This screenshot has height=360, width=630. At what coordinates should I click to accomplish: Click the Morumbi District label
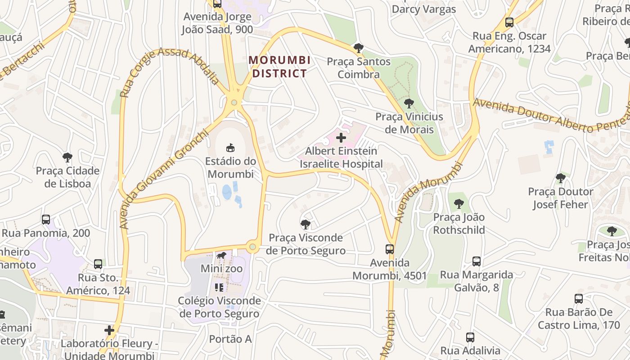tap(279, 67)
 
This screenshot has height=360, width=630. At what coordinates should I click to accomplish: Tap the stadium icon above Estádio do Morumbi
tap(230, 147)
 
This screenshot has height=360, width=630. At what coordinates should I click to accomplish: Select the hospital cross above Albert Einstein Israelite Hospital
tap(341, 138)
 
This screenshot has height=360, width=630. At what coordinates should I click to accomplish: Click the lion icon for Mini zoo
tap(221, 256)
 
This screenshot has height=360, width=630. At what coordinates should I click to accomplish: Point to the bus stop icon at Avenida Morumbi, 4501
tap(390, 249)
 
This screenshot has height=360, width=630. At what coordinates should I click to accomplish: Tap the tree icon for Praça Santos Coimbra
tap(358, 48)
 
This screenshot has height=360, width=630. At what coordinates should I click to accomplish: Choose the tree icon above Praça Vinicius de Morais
tap(409, 103)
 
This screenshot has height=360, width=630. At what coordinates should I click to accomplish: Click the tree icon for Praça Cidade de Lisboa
tap(67, 157)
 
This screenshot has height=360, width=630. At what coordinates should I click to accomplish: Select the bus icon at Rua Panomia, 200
tap(46, 220)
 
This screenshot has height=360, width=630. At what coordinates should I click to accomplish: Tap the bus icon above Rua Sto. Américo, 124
tap(98, 264)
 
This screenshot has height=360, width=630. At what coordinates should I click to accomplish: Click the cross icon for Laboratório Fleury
tap(109, 330)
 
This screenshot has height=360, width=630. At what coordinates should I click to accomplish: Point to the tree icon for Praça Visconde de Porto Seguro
tap(306, 224)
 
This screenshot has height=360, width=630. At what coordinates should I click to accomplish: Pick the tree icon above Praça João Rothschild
tap(459, 204)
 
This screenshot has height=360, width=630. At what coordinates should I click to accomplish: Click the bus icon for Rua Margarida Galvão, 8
tap(477, 261)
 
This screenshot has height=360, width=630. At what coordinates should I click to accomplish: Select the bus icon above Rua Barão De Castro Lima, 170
tap(579, 298)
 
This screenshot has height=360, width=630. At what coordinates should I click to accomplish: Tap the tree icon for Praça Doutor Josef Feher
tap(560, 178)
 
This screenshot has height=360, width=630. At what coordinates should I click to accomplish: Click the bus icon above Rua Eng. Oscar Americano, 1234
tap(509, 22)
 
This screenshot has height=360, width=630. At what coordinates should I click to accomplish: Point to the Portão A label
tap(230, 339)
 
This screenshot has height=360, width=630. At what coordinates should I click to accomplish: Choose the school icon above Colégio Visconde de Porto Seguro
tap(219, 287)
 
